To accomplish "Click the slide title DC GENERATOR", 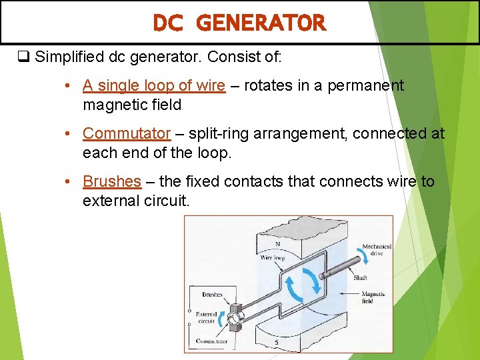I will coord(239,23).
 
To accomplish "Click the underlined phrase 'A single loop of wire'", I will coord(153,86).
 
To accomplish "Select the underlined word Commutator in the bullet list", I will coord(127,133).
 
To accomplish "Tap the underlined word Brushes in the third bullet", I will coord(112,181).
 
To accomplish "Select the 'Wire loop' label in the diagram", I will coord(272,257).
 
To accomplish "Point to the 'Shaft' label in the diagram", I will coord(360,278).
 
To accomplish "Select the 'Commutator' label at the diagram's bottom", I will coord(211,342).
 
